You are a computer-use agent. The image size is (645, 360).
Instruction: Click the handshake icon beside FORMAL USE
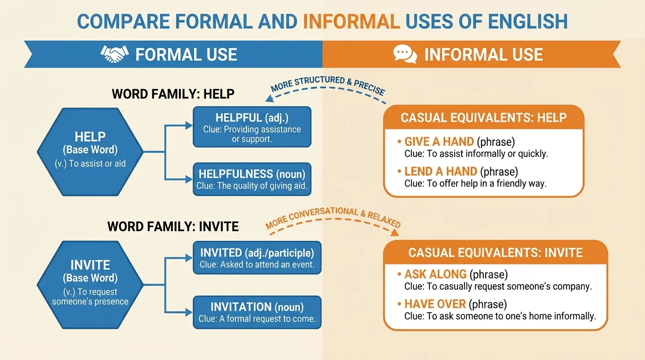(114, 54)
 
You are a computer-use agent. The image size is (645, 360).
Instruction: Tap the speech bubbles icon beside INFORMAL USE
(405, 54)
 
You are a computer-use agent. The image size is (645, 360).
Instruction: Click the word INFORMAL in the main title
(351, 22)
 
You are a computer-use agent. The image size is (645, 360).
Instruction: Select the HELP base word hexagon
(90, 151)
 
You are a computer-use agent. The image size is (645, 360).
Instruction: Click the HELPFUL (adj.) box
(252, 127)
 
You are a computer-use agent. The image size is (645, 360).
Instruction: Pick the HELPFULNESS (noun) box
(252, 180)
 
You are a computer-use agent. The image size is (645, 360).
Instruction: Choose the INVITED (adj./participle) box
(257, 258)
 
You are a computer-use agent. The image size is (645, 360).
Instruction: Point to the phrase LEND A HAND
(441, 172)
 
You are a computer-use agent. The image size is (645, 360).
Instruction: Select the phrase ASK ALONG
(435, 274)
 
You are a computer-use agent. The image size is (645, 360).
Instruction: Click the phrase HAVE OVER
(435, 304)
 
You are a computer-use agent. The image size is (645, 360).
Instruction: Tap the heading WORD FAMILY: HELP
(173, 94)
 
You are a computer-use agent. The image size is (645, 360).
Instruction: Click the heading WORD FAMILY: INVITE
(173, 227)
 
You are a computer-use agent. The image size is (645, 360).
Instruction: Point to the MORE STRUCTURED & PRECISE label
(328, 85)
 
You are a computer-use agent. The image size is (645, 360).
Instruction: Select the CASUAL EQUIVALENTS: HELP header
(484, 117)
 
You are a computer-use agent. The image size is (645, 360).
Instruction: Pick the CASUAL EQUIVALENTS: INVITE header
(495, 253)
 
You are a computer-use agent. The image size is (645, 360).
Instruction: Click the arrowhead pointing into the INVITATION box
(189, 312)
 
